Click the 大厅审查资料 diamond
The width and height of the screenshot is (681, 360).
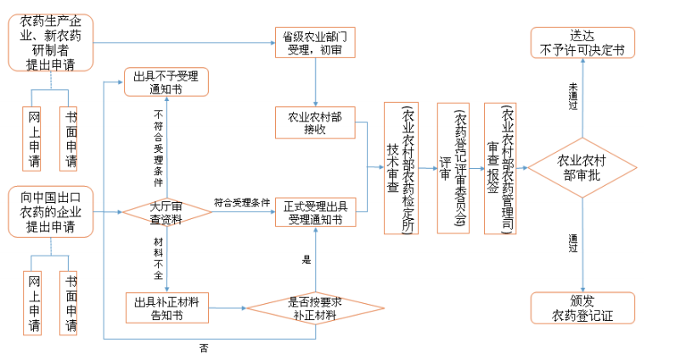coord(167,211)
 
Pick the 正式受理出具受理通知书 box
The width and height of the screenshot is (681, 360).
coord(315,212)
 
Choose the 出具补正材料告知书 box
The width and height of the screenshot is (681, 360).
coord(166,308)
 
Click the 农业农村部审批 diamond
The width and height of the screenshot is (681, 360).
coord(583,167)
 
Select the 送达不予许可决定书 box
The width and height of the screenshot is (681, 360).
coord(582,42)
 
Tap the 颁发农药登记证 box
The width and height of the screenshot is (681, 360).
coord(582,308)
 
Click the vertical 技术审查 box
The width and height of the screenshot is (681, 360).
coord(402,167)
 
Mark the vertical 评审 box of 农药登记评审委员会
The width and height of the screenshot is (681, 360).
coord(453,167)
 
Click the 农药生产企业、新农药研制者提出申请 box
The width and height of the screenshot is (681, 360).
coord(51,42)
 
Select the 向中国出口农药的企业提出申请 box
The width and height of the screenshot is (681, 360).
coord(51,212)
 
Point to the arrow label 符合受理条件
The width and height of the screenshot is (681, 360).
coord(242,203)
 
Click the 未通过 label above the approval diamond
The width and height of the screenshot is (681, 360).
coord(573,98)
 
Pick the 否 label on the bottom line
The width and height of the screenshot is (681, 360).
coord(204,348)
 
